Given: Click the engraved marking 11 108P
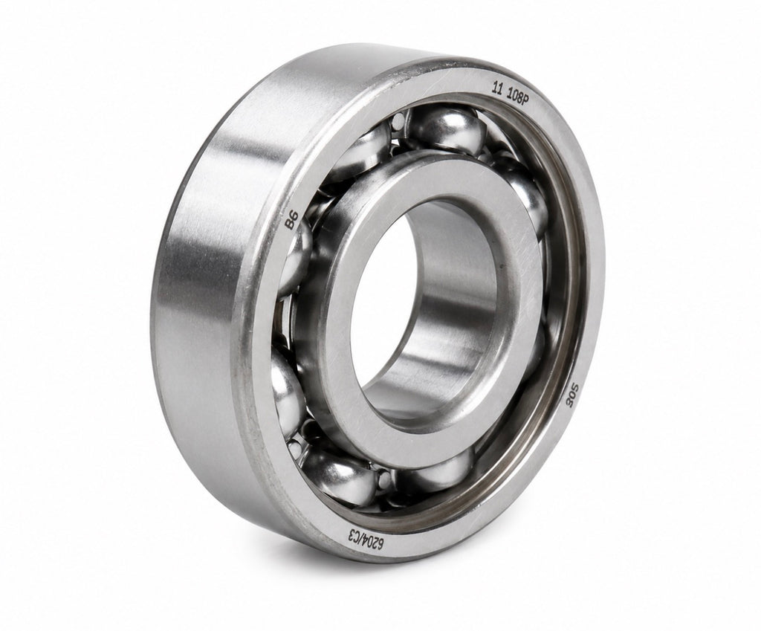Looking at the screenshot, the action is pos(511,91).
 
